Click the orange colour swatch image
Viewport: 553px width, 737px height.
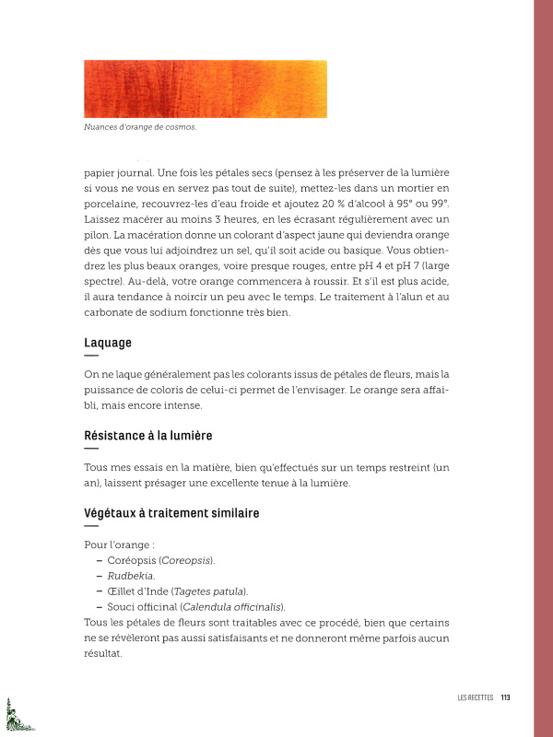[x=205, y=88]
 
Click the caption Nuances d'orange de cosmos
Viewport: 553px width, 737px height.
[x=140, y=128]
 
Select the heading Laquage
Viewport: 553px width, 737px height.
[x=108, y=342]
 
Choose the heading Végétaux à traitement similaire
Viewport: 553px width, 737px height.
[x=171, y=512]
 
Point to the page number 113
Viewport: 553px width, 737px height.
[x=505, y=697]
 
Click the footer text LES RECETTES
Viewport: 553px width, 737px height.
[x=476, y=697]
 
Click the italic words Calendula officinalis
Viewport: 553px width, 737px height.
[x=233, y=606]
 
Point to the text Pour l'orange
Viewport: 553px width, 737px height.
[x=116, y=544]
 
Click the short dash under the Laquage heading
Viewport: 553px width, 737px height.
[x=90, y=355]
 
